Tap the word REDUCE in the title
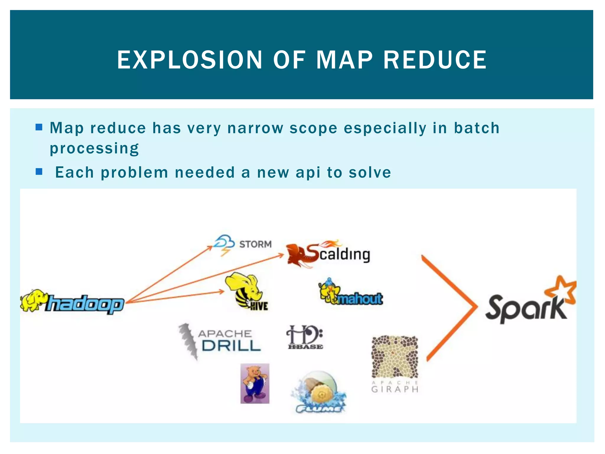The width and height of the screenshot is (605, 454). click(435, 60)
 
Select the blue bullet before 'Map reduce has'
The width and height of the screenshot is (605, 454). click(39, 127)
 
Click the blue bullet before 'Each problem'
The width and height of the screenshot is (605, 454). click(39, 172)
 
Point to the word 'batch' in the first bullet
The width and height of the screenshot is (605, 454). click(476, 128)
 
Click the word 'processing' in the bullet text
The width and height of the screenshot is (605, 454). click(94, 148)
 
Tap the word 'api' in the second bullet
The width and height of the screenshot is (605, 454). click(308, 172)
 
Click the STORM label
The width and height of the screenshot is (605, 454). click(255, 244)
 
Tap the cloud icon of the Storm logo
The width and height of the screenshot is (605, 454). click(224, 242)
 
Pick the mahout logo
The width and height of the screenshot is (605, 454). click(351, 293)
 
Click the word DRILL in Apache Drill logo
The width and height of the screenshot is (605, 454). click(231, 346)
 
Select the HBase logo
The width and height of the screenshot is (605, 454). click(305, 338)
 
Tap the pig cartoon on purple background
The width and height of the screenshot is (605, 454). click(255, 383)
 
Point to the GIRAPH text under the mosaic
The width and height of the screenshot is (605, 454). click(395, 389)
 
